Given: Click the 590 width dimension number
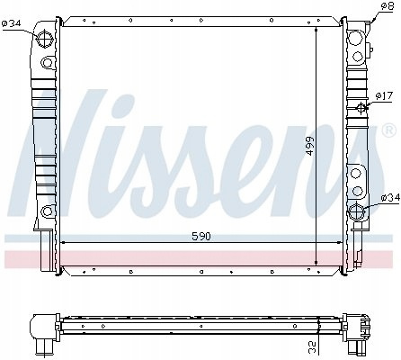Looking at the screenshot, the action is [x=201, y=237].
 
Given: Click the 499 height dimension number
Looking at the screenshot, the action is [x=310, y=146].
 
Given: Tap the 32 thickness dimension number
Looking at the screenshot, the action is [x=312, y=348].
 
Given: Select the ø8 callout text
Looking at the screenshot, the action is [x=387, y=6].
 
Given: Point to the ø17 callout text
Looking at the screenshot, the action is [x=384, y=96].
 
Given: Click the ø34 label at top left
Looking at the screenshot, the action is [x=12, y=23].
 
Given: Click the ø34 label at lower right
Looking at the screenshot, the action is [x=390, y=197].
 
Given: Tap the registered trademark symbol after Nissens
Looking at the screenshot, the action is [x=388, y=130].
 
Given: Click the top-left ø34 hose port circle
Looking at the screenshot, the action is [x=45, y=39].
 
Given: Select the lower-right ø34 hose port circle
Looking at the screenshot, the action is [x=356, y=211].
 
